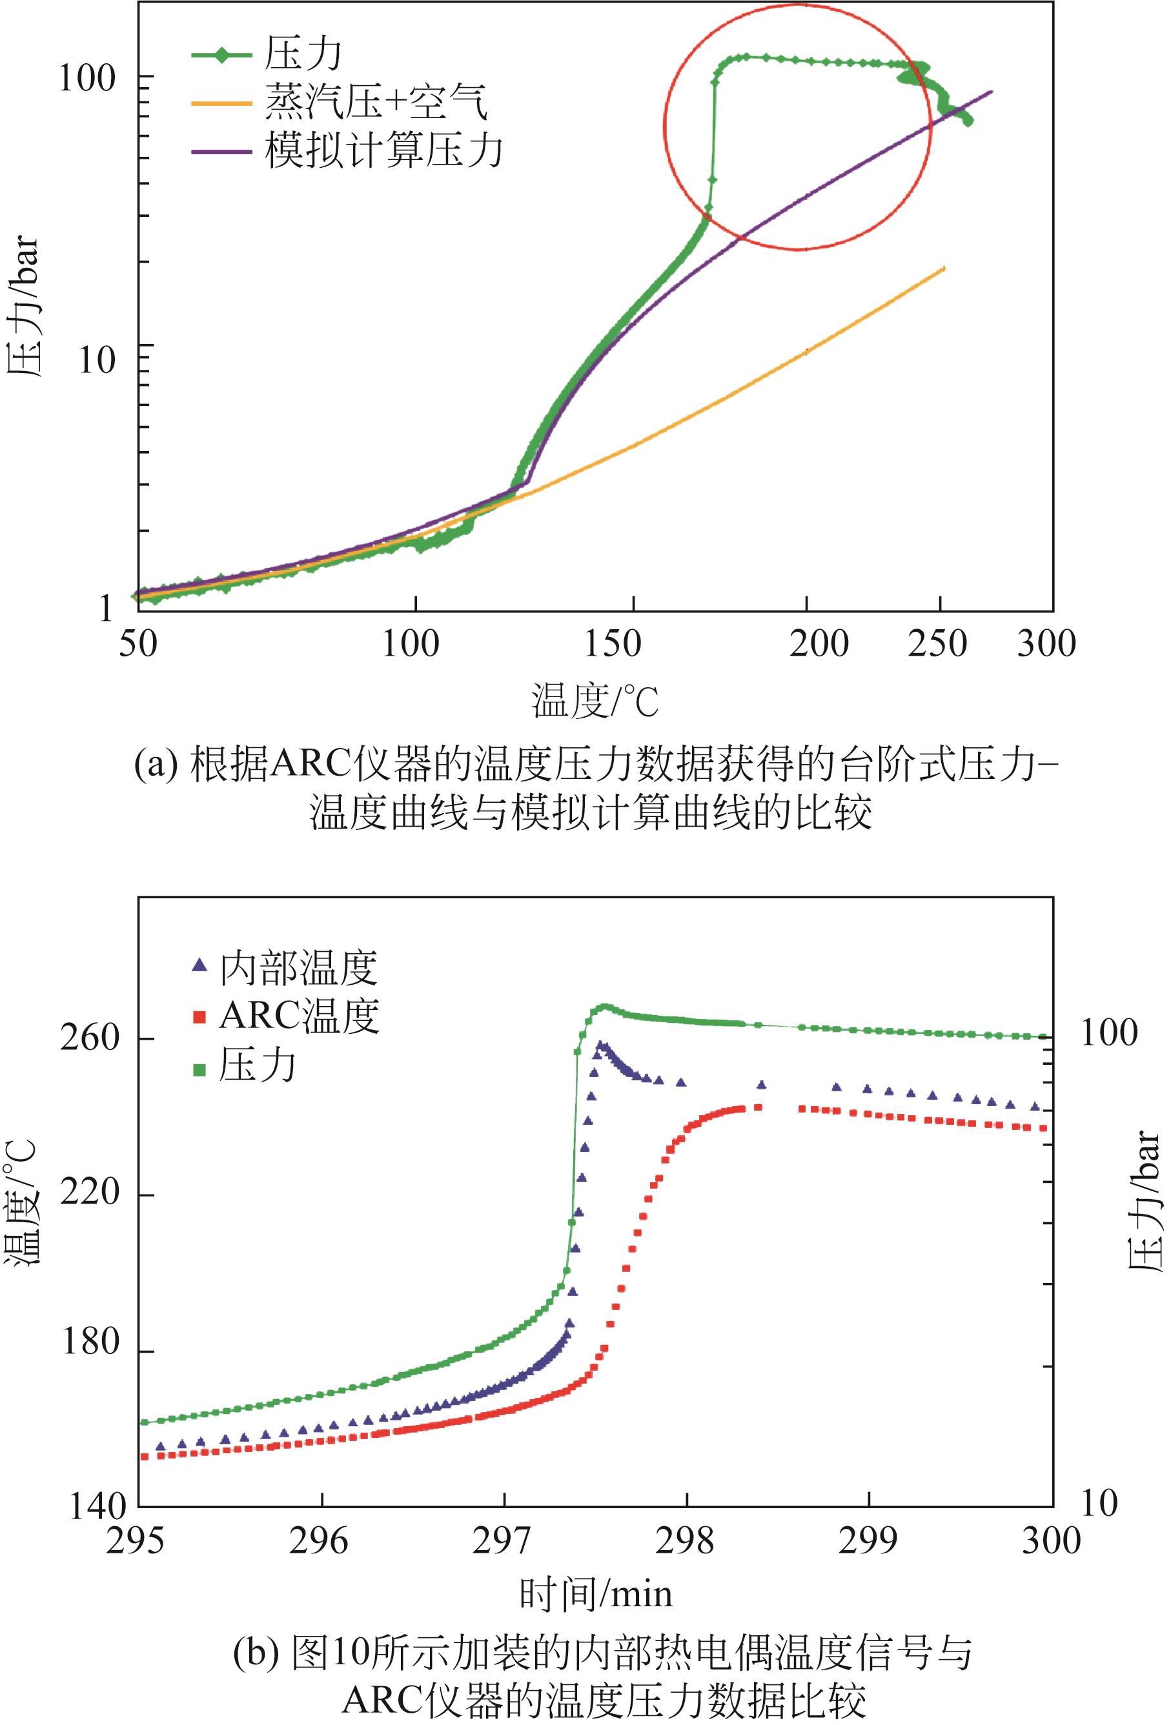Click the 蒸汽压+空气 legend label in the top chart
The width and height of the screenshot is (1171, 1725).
376,102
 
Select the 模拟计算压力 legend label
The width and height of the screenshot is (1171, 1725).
383,150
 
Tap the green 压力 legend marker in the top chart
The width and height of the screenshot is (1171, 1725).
221,54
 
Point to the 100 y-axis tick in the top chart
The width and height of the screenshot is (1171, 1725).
87,77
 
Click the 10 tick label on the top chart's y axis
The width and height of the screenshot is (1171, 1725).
97,360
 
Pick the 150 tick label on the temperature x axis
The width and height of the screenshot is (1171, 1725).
613,643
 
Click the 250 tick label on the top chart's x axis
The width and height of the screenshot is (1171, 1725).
937,643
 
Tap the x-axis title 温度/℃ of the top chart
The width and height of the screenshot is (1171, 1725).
595,701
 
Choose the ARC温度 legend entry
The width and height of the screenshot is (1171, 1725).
298,1016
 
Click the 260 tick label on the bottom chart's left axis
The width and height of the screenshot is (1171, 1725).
90,1038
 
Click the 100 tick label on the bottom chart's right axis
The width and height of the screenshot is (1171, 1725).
1108,1033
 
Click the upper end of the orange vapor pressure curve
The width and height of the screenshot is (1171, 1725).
944,267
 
